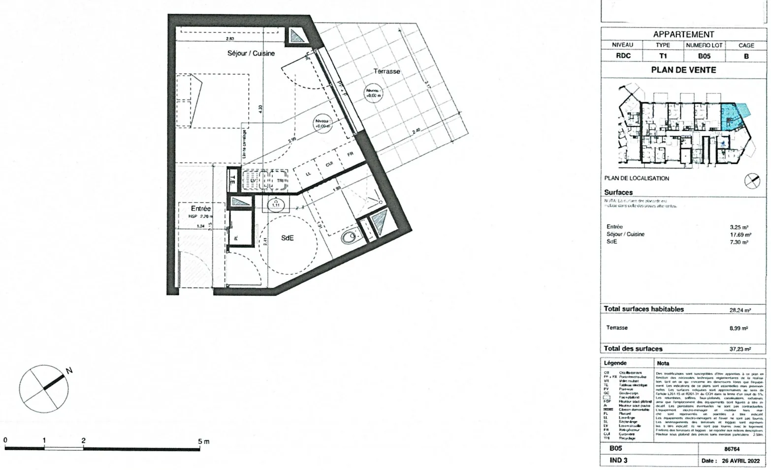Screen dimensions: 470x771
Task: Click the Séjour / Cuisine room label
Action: click(251, 53)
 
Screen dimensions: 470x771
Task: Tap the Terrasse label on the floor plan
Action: click(386, 71)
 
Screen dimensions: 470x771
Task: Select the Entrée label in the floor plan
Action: click(200, 208)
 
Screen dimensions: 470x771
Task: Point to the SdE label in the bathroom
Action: click(288, 238)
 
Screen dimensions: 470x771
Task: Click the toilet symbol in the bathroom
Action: click(349, 237)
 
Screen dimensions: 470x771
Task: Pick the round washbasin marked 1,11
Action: click(276, 204)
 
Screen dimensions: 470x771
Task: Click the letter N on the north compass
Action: click(69, 371)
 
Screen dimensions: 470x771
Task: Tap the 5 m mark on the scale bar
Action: click(203, 441)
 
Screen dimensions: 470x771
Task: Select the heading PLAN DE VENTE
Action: click(683, 70)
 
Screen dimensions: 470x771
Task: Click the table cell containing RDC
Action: click(623, 56)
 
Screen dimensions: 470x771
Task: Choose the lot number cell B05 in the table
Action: click(704, 56)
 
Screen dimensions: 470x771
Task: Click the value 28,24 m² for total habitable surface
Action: click(740, 310)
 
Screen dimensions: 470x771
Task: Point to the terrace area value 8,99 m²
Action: click(739, 328)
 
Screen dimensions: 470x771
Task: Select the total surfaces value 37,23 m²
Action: click(740, 349)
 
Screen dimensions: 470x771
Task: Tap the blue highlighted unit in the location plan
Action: click(730, 116)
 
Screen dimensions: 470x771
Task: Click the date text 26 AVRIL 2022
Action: click(741, 461)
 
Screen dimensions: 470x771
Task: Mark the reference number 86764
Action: click(732, 449)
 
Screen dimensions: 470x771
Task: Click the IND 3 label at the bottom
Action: click(618, 461)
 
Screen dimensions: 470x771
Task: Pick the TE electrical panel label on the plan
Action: click(232, 180)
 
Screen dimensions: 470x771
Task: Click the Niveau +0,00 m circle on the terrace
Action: click(374, 93)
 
